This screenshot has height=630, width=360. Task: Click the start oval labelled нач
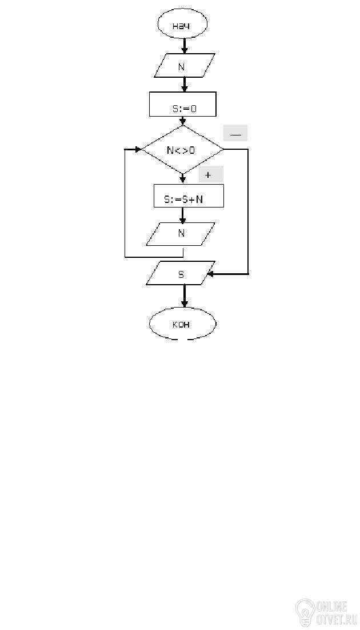182,26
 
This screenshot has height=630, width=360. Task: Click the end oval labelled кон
182,324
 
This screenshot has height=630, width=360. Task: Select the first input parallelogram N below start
185,66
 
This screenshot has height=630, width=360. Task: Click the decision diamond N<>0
182,150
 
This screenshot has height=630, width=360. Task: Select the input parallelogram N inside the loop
181,233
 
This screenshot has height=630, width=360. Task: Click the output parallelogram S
181,273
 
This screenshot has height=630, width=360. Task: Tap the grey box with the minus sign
235,133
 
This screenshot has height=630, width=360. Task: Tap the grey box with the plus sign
208,175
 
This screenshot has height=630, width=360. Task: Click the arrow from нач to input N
184,46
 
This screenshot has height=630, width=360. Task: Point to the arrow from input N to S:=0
184,84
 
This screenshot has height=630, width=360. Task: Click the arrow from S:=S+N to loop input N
183,215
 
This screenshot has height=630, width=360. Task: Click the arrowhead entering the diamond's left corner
138,149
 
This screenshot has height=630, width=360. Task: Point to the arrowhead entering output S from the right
210,274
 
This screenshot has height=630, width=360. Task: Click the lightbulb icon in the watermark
305,612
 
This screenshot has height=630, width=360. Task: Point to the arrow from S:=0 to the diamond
183,121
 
